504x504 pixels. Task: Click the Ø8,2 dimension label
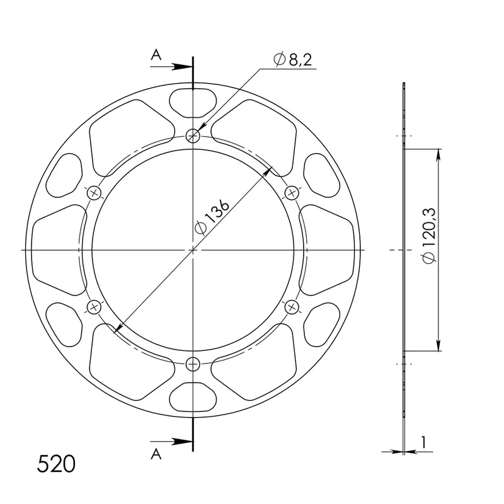292,59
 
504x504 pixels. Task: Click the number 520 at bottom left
56,464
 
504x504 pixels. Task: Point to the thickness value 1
423,442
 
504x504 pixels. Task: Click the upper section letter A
156,55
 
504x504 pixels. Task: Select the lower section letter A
156,454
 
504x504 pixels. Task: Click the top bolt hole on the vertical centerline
193,136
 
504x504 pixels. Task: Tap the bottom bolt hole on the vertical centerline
193,364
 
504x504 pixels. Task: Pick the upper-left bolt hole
94,193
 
